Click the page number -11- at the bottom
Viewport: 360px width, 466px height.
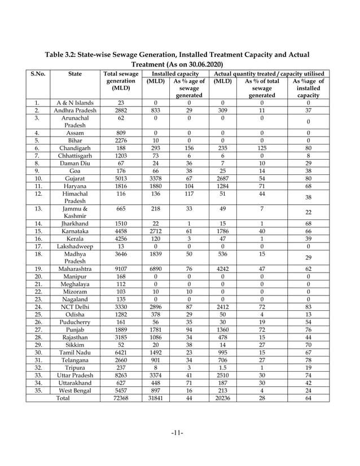(179, 433)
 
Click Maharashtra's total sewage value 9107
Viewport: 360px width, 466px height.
(120, 269)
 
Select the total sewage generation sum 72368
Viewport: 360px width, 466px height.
(120, 398)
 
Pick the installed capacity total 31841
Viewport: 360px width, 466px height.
(155, 398)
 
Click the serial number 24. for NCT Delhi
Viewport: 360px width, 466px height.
(37, 307)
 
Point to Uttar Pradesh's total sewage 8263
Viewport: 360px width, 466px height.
(120, 374)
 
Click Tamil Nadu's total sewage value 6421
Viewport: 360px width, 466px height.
(120, 351)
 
